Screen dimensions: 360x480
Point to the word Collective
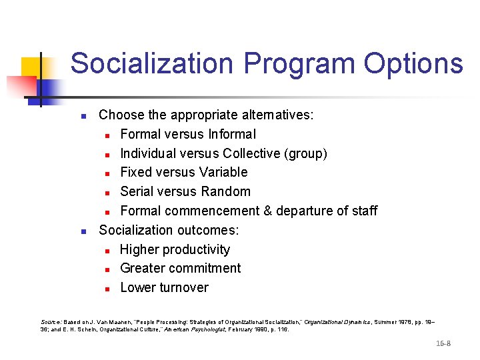coord(251,153)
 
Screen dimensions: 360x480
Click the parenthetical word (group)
coord(305,153)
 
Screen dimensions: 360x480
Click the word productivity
coord(197,249)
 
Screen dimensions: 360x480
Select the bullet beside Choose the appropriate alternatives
coord(83,116)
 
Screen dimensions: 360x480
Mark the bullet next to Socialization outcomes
coord(83,231)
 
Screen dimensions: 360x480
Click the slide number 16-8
coord(443,343)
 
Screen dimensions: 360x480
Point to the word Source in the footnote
coord(50,322)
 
